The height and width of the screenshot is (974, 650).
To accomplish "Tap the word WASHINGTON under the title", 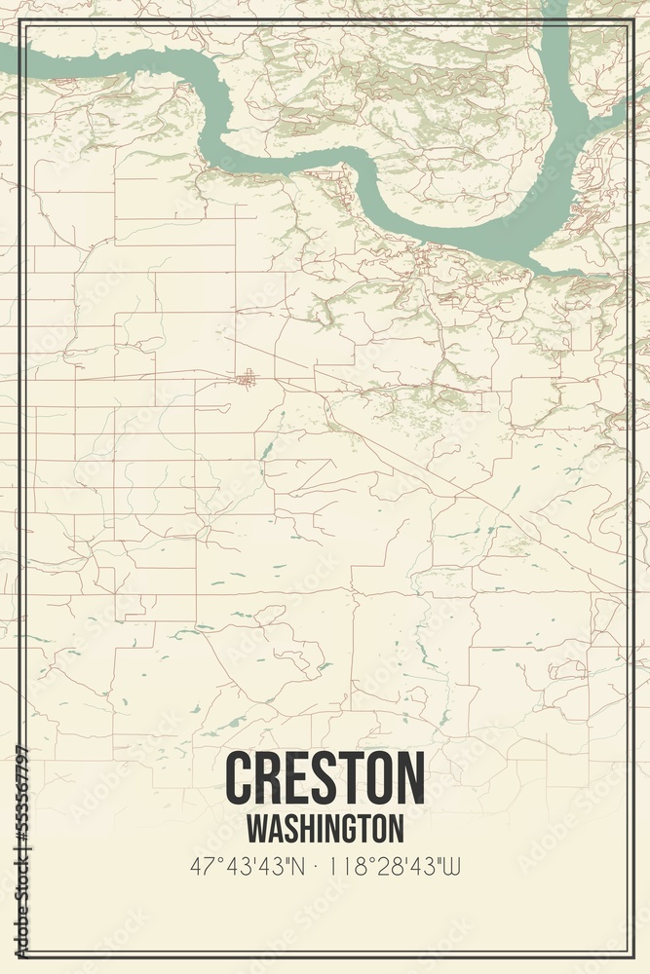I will (325, 828).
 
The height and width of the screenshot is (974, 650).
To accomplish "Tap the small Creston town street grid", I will (248, 377).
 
